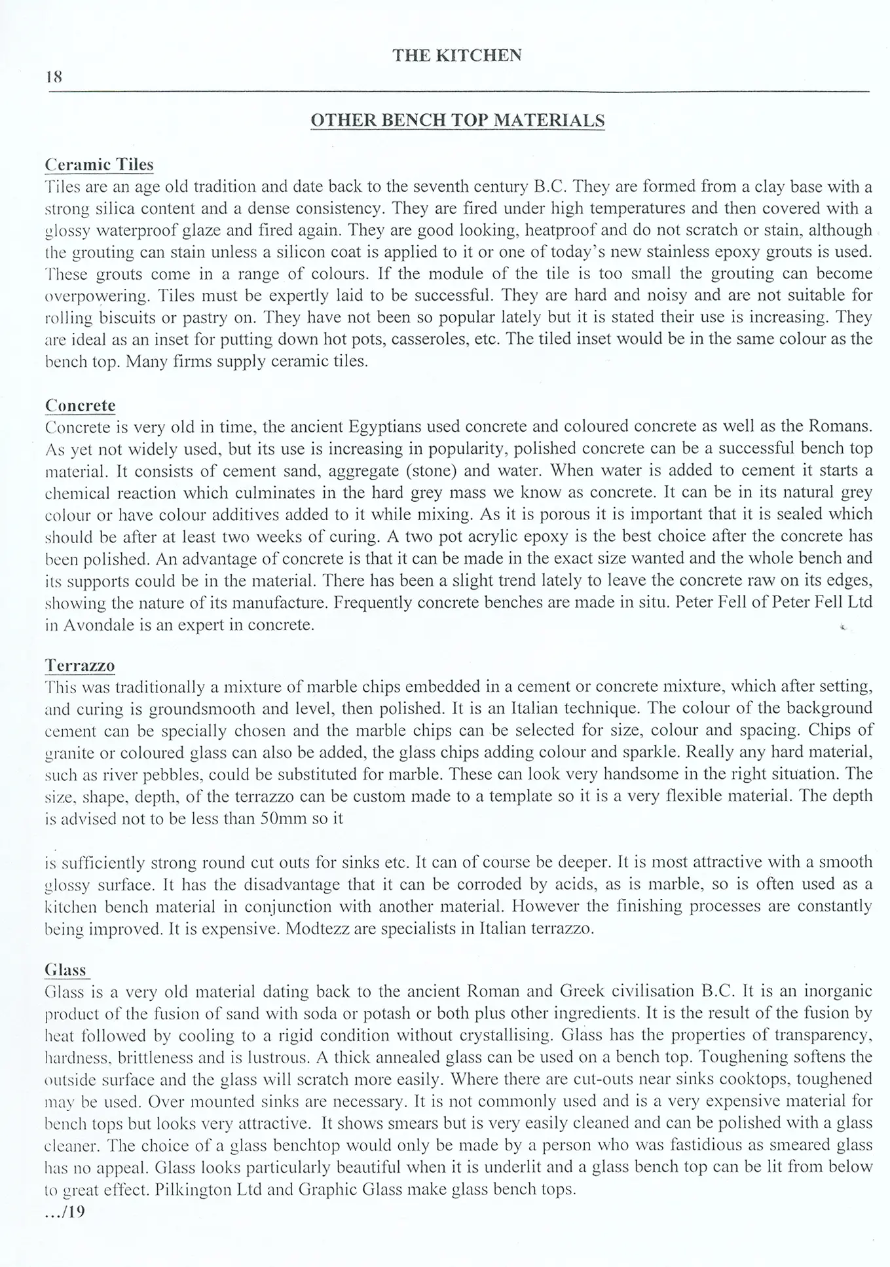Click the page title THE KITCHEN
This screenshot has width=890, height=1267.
point(456,56)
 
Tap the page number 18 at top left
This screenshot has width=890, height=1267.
point(54,77)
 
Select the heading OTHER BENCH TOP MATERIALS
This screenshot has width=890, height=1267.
point(456,121)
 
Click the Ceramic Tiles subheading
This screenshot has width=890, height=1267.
point(99,164)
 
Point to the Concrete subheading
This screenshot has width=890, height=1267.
point(80,406)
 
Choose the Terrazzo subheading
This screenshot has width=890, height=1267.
point(80,666)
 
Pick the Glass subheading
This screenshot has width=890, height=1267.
point(65,970)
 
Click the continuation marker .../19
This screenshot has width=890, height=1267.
point(65,1211)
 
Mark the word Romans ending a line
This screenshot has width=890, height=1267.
point(840,427)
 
